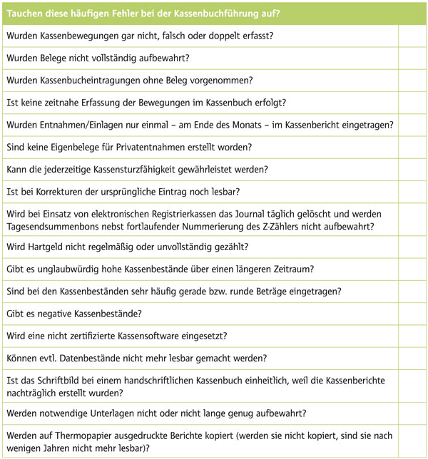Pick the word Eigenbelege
click(x=79, y=147)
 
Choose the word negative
click(x=61, y=313)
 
